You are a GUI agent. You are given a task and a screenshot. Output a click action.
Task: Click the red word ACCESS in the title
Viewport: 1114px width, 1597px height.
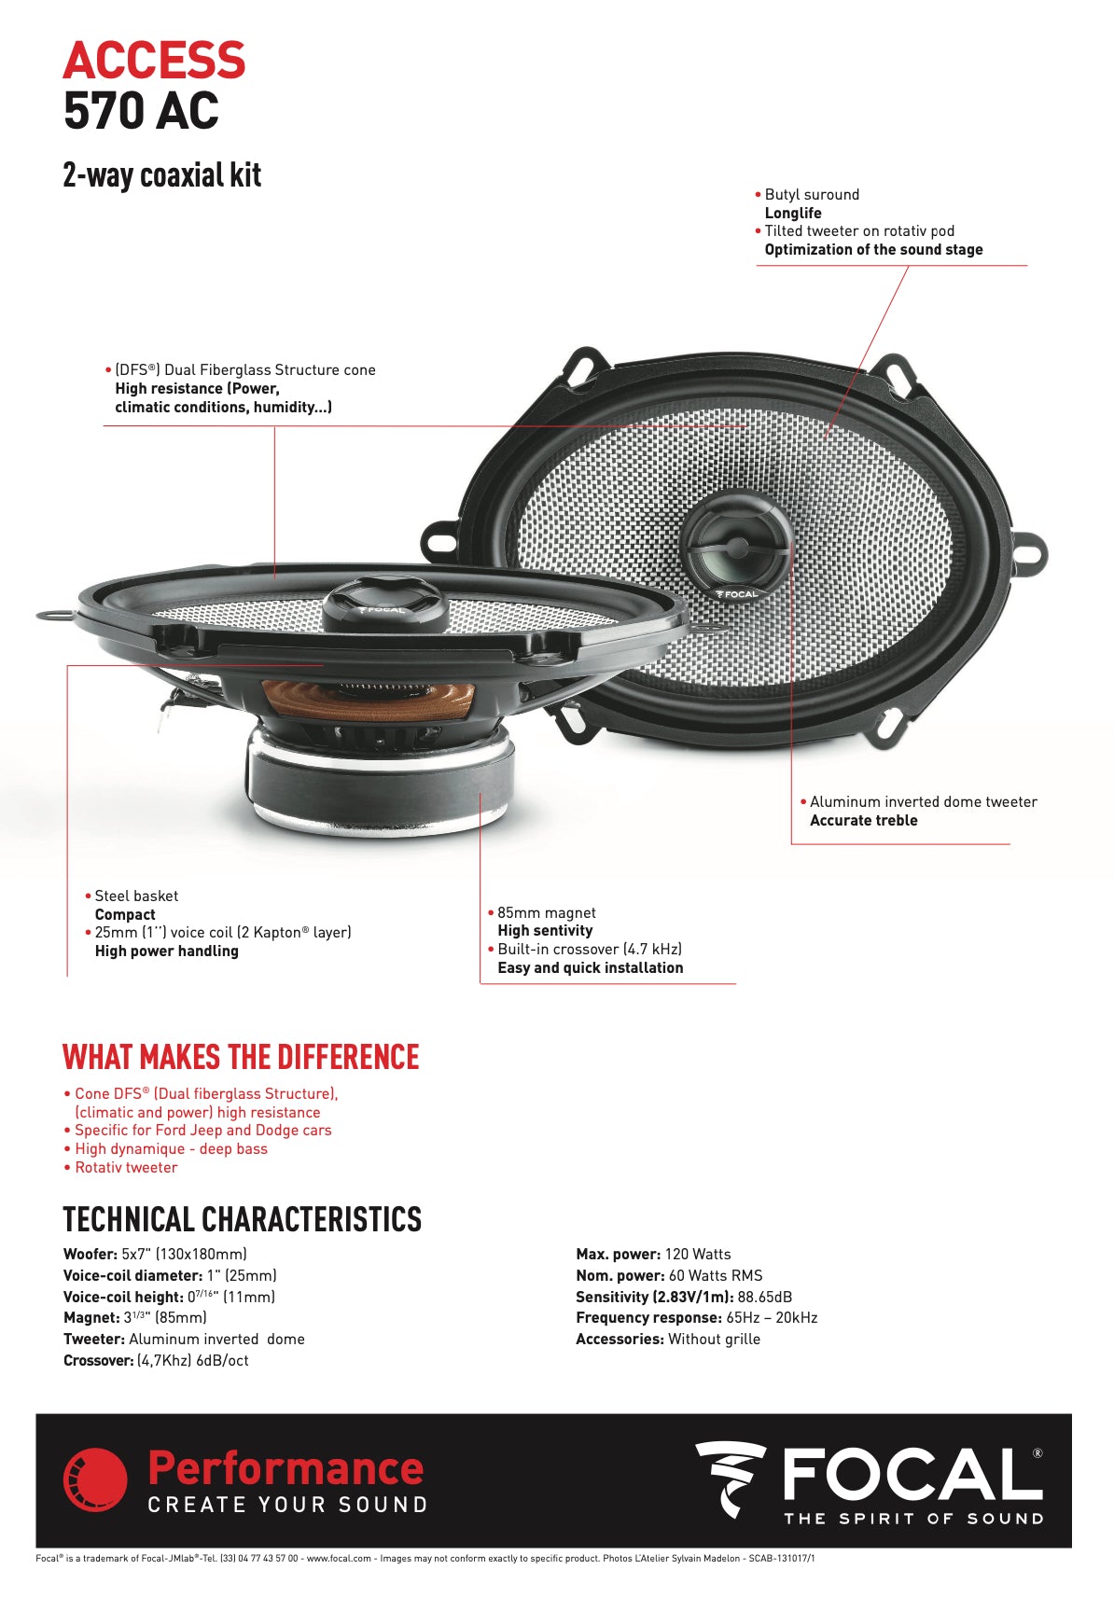tap(154, 61)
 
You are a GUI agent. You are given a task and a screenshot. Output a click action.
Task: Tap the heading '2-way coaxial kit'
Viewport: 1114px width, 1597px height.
tap(161, 175)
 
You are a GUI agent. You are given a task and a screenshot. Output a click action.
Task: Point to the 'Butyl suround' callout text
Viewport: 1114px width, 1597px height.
tap(812, 195)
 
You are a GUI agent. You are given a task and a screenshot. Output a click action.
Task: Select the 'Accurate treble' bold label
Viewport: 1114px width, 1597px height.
tap(863, 821)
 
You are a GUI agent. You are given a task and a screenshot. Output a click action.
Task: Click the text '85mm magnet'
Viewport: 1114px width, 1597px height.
tap(546, 913)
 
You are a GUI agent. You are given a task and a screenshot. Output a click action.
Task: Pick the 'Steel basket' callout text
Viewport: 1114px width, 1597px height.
tap(136, 896)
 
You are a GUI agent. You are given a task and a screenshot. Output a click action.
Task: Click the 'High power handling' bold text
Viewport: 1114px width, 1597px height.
tap(166, 951)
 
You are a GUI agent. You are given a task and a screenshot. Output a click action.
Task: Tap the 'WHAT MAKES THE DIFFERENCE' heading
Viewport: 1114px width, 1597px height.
tap(241, 1058)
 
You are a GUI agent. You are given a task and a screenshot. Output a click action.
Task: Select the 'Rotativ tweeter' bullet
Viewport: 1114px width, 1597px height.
tap(126, 1168)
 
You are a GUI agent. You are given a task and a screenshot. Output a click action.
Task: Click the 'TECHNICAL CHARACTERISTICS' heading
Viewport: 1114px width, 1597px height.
tap(242, 1220)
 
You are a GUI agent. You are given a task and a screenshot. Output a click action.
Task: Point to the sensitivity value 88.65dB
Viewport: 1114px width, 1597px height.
tap(764, 1298)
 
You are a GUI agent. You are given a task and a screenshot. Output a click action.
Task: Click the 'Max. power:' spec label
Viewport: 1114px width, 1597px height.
tap(618, 1255)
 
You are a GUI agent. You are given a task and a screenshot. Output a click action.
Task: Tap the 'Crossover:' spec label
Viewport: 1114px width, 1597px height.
tap(98, 1361)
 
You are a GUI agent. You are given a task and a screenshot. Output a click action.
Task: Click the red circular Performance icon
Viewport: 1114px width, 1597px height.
tap(95, 1479)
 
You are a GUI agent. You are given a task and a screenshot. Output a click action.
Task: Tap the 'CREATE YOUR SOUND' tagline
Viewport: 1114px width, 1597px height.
tap(287, 1505)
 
